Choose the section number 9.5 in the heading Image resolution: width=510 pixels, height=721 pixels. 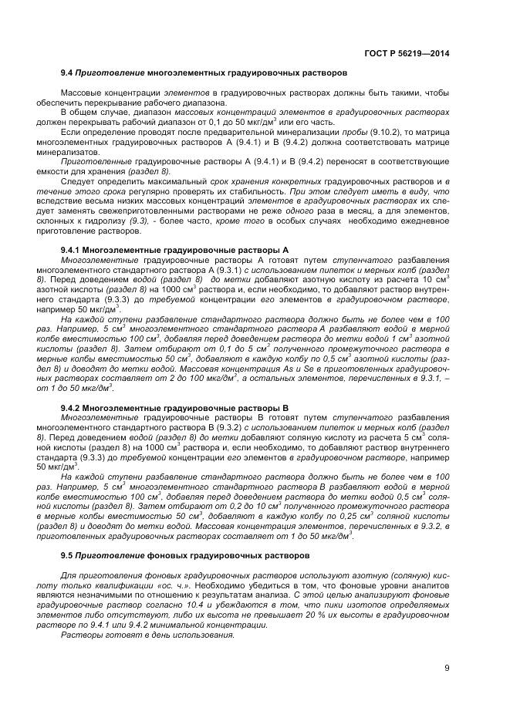click(66, 555)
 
